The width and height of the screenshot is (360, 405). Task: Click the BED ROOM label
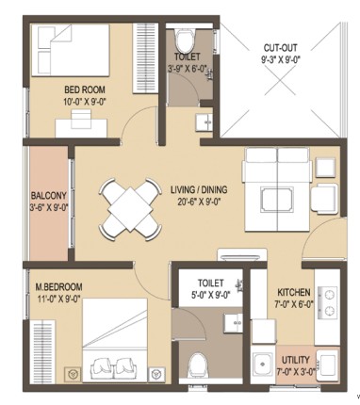pos(85,89)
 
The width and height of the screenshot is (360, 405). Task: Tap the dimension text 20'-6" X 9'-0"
pos(198,202)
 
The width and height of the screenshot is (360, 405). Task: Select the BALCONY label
pos(49,196)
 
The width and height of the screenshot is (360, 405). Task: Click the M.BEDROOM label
pos(58,287)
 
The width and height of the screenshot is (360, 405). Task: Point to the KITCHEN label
pos(294,293)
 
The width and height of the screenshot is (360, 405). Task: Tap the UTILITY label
pos(295,360)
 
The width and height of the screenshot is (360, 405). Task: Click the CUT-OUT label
pos(280,48)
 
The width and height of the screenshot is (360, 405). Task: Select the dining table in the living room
pos(130,209)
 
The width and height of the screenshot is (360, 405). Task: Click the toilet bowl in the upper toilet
pos(185,40)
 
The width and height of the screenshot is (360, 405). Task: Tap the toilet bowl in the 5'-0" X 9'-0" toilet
pos(198,366)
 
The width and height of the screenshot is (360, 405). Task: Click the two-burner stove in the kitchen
pos(328,302)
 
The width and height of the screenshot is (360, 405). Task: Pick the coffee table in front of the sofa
pos(277,200)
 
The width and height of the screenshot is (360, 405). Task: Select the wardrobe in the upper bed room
pos(145,58)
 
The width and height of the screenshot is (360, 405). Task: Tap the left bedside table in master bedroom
pos(73,374)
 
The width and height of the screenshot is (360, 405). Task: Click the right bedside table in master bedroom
pos(155,374)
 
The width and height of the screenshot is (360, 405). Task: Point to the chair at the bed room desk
pos(81,119)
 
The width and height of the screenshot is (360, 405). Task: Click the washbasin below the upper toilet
pos(204,121)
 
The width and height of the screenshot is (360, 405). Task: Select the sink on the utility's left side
pos(263,364)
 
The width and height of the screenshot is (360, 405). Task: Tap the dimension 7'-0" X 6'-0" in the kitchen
pos(295,304)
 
